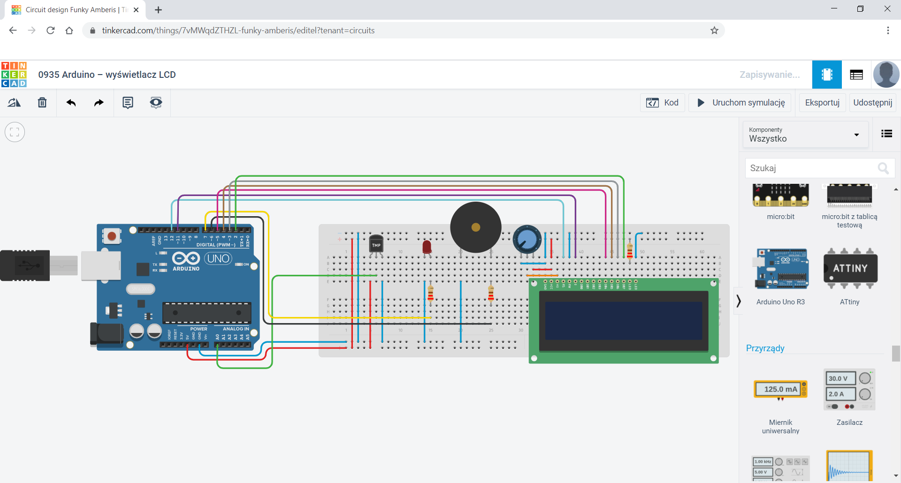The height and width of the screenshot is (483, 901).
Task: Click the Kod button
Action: (x=662, y=103)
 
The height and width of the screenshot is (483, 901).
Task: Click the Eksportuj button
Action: (x=822, y=103)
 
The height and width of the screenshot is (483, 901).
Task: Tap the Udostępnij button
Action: (x=872, y=103)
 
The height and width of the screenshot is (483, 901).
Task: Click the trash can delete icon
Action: (x=42, y=103)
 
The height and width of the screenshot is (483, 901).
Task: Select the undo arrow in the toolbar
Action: (x=71, y=103)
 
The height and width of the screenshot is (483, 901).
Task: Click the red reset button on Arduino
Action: (x=112, y=236)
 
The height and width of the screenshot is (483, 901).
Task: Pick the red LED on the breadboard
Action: (x=427, y=247)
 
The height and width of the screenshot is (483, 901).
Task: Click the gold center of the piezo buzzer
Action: (x=475, y=227)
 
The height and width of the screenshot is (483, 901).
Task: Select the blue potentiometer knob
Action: (x=527, y=239)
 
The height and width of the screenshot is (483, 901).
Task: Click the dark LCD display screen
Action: (x=623, y=321)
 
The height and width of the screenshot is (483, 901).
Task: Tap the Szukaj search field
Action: (x=812, y=168)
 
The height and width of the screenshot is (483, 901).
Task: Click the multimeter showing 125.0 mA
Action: (x=780, y=389)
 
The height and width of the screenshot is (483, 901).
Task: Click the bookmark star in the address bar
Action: (x=714, y=30)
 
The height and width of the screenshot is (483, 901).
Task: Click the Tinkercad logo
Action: (x=14, y=75)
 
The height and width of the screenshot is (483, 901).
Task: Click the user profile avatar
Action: (x=886, y=75)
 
